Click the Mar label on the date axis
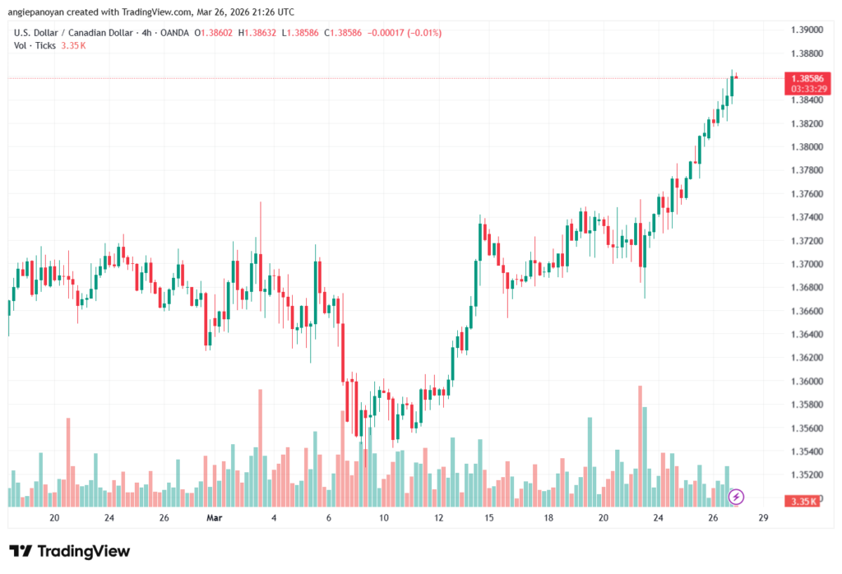(x=215, y=518)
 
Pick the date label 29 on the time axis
(x=763, y=518)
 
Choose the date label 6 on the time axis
(x=329, y=518)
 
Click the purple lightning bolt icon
(x=737, y=497)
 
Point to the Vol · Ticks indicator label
(x=35, y=45)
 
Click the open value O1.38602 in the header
(x=212, y=33)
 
